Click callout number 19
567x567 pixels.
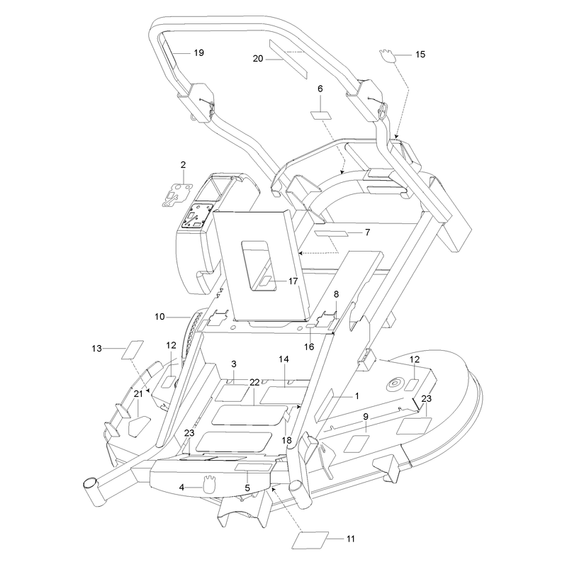(x=199, y=52)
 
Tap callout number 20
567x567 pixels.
(x=258, y=59)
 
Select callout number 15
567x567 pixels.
(x=420, y=55)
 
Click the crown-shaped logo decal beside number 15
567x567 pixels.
(x=387, y=56)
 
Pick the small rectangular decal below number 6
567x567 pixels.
(x=321, y=116)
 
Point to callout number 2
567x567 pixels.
(x=184, y=165)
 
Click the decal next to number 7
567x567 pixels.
(x=332, y=233)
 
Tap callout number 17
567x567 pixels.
(x=293, y=281)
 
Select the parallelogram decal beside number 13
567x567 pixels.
(x=133, y=349)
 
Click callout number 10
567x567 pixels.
(x=159, y=317)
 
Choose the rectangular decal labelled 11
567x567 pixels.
(x=310, y=540)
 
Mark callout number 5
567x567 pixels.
(x=247, y=488)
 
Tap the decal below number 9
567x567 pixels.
(x=357, y=444)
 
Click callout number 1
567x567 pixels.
(x=357, y=396)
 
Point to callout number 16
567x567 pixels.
(x=309, y=347)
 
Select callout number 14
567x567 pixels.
(x=284, y=359)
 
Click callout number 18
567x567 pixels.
(x=287, y=440)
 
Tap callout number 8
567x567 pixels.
(x=336, y=294)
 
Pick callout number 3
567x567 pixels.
(x=234, y=364)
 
